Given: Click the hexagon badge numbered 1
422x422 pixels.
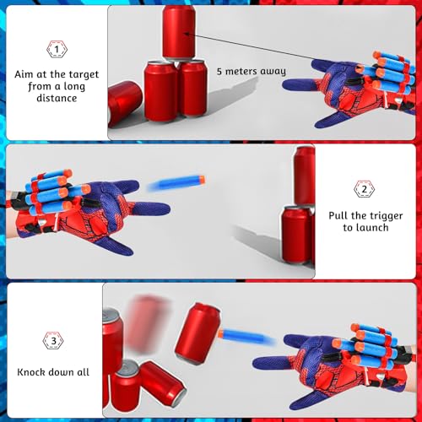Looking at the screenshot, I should [57, 50].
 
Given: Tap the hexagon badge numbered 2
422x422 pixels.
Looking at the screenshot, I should [364, 188].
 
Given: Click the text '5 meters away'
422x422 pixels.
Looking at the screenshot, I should [251, 72].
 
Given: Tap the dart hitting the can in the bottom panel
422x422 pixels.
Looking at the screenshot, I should [245, 337].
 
